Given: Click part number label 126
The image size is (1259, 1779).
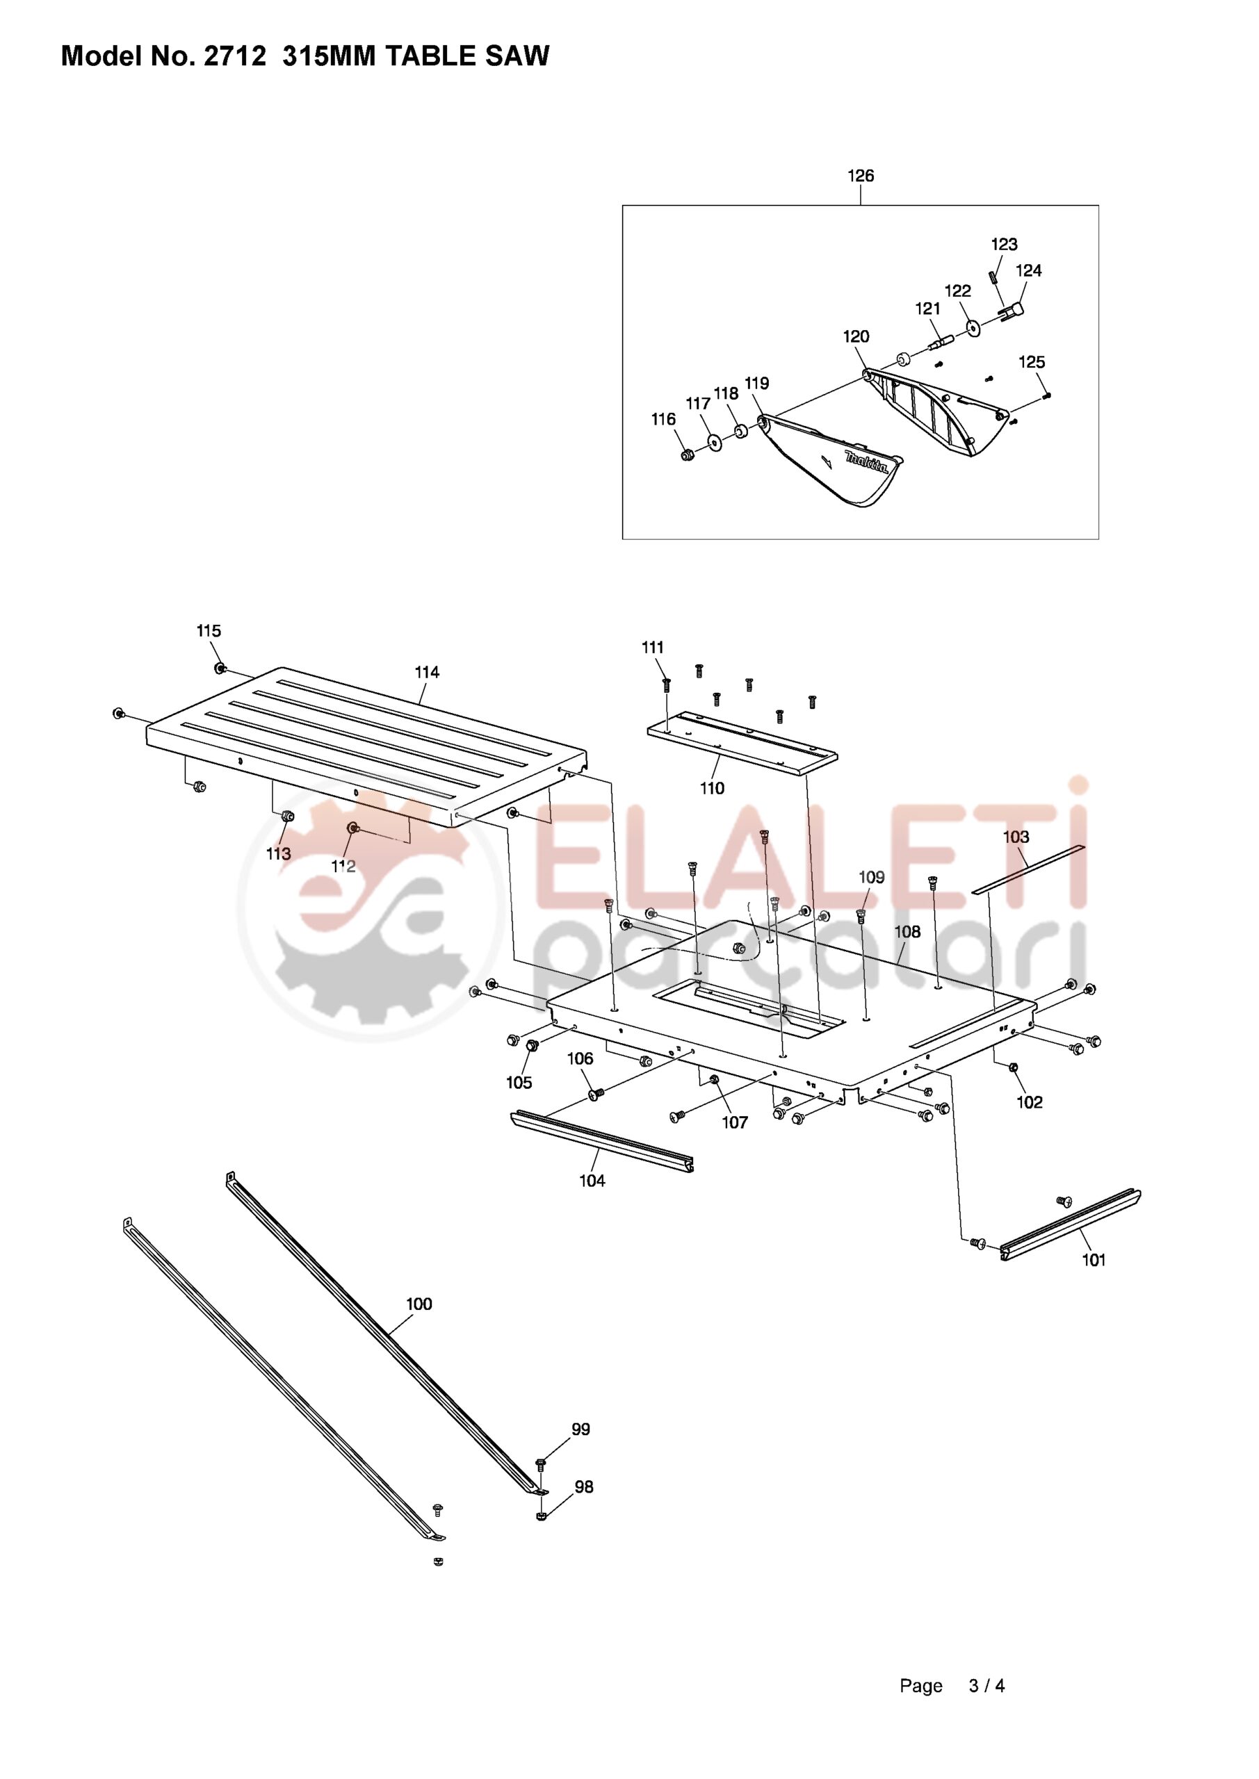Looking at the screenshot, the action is point(861,176).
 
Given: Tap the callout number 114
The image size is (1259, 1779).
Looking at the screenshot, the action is point(427,673).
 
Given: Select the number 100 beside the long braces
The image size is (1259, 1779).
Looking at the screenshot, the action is point(419,1304).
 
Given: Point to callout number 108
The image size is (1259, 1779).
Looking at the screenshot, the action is point(908,931).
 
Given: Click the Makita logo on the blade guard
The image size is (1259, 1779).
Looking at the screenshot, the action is point(866,463).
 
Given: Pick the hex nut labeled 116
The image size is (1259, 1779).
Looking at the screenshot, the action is point(686,454).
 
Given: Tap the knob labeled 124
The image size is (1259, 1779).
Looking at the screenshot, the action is point(1011,311).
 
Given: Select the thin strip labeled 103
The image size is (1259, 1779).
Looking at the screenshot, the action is point(1029,869).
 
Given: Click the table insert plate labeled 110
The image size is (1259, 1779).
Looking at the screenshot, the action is point(742,743).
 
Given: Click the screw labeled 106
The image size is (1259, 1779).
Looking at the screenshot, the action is point(596,1093).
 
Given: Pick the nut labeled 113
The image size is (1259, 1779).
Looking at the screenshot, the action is point(287,816).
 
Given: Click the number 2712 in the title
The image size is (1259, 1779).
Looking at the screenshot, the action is point(235,56).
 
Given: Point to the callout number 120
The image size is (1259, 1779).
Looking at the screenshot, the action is point(856,337).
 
